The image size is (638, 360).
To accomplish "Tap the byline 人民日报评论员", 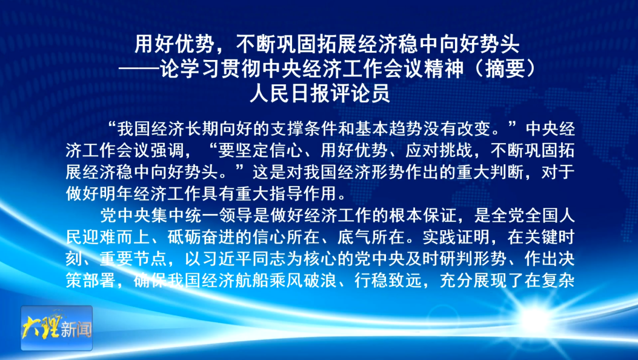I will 319,94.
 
